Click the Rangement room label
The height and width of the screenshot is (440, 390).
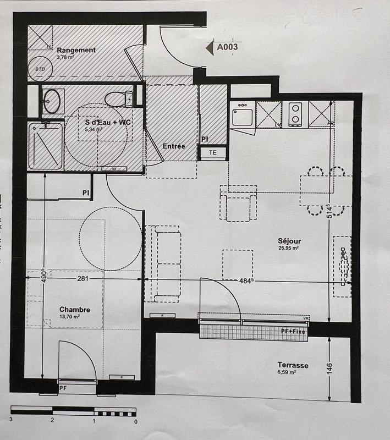(x=76, y=50)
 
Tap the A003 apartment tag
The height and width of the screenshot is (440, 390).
(x=227, y=47)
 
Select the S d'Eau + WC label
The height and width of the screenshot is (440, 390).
(x=107, y=122)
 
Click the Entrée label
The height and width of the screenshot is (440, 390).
(x=173, y=146)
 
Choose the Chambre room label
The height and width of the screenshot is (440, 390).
(x=74, y=310)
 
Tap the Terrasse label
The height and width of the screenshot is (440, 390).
(x=293, y=365)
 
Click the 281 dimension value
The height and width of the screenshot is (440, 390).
(x=83, y=279)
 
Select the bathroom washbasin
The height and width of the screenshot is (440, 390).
(x=53, y=101)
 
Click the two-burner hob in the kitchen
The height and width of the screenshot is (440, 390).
(x=296, y=113)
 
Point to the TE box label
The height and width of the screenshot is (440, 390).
(x=213, y=153)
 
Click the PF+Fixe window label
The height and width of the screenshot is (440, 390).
(x=293, y=331)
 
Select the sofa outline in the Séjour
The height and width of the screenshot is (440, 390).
(x=163, y=263)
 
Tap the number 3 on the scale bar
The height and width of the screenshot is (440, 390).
(x=11, y=420)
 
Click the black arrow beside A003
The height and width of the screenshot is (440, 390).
(x=210, y=47)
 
